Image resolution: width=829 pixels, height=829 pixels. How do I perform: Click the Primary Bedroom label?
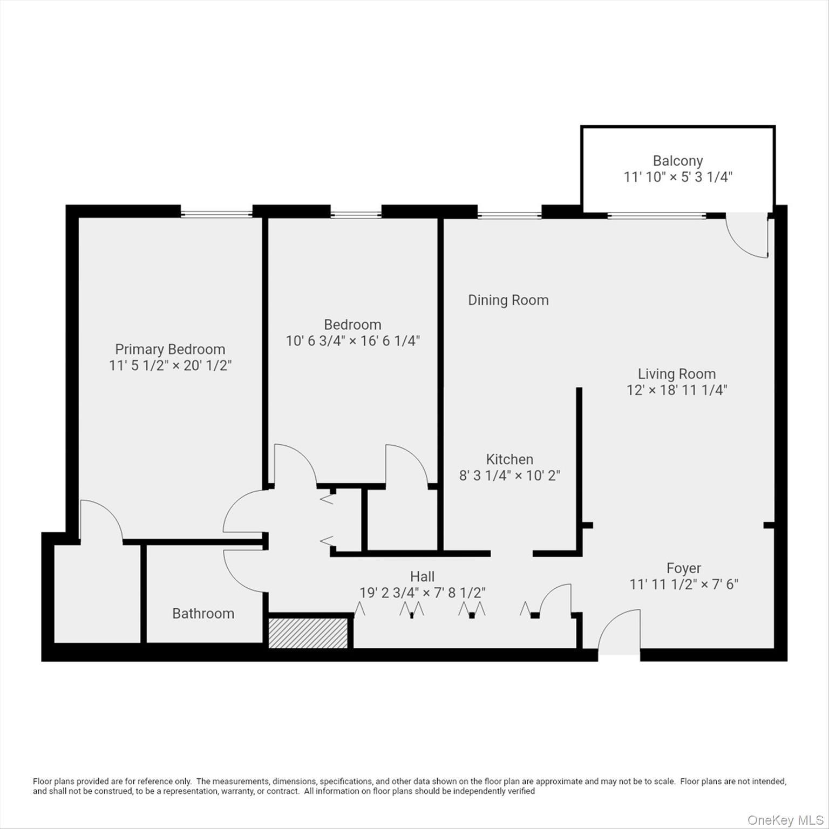point(170,349)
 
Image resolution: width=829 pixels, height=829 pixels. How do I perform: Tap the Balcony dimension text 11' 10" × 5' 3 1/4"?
point(678,177)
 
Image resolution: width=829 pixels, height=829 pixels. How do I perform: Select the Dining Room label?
point(508,300)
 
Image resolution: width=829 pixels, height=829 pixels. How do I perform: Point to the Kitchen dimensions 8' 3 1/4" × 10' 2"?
point(509,475)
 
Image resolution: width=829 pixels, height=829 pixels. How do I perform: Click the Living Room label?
point(677,373)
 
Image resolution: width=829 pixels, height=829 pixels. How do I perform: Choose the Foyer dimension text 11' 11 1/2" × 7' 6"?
point(684,584)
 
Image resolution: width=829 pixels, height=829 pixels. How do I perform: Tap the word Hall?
point(422,576)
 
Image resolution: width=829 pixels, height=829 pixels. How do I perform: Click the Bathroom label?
point(203,614)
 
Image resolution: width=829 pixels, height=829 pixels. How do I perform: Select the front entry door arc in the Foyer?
point(619,631)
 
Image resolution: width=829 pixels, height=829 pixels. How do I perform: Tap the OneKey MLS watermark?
point(785,820)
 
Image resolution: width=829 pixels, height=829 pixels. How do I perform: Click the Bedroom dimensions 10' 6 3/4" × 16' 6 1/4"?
point(352,341)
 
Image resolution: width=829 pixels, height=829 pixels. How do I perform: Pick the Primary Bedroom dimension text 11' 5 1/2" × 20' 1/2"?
point(170,365)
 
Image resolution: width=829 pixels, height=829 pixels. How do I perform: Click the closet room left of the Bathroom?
point(98,594)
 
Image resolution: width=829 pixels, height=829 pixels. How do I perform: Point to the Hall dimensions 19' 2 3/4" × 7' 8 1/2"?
point(422,593)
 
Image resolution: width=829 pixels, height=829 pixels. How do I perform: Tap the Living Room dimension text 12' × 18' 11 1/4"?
point(677,390)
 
